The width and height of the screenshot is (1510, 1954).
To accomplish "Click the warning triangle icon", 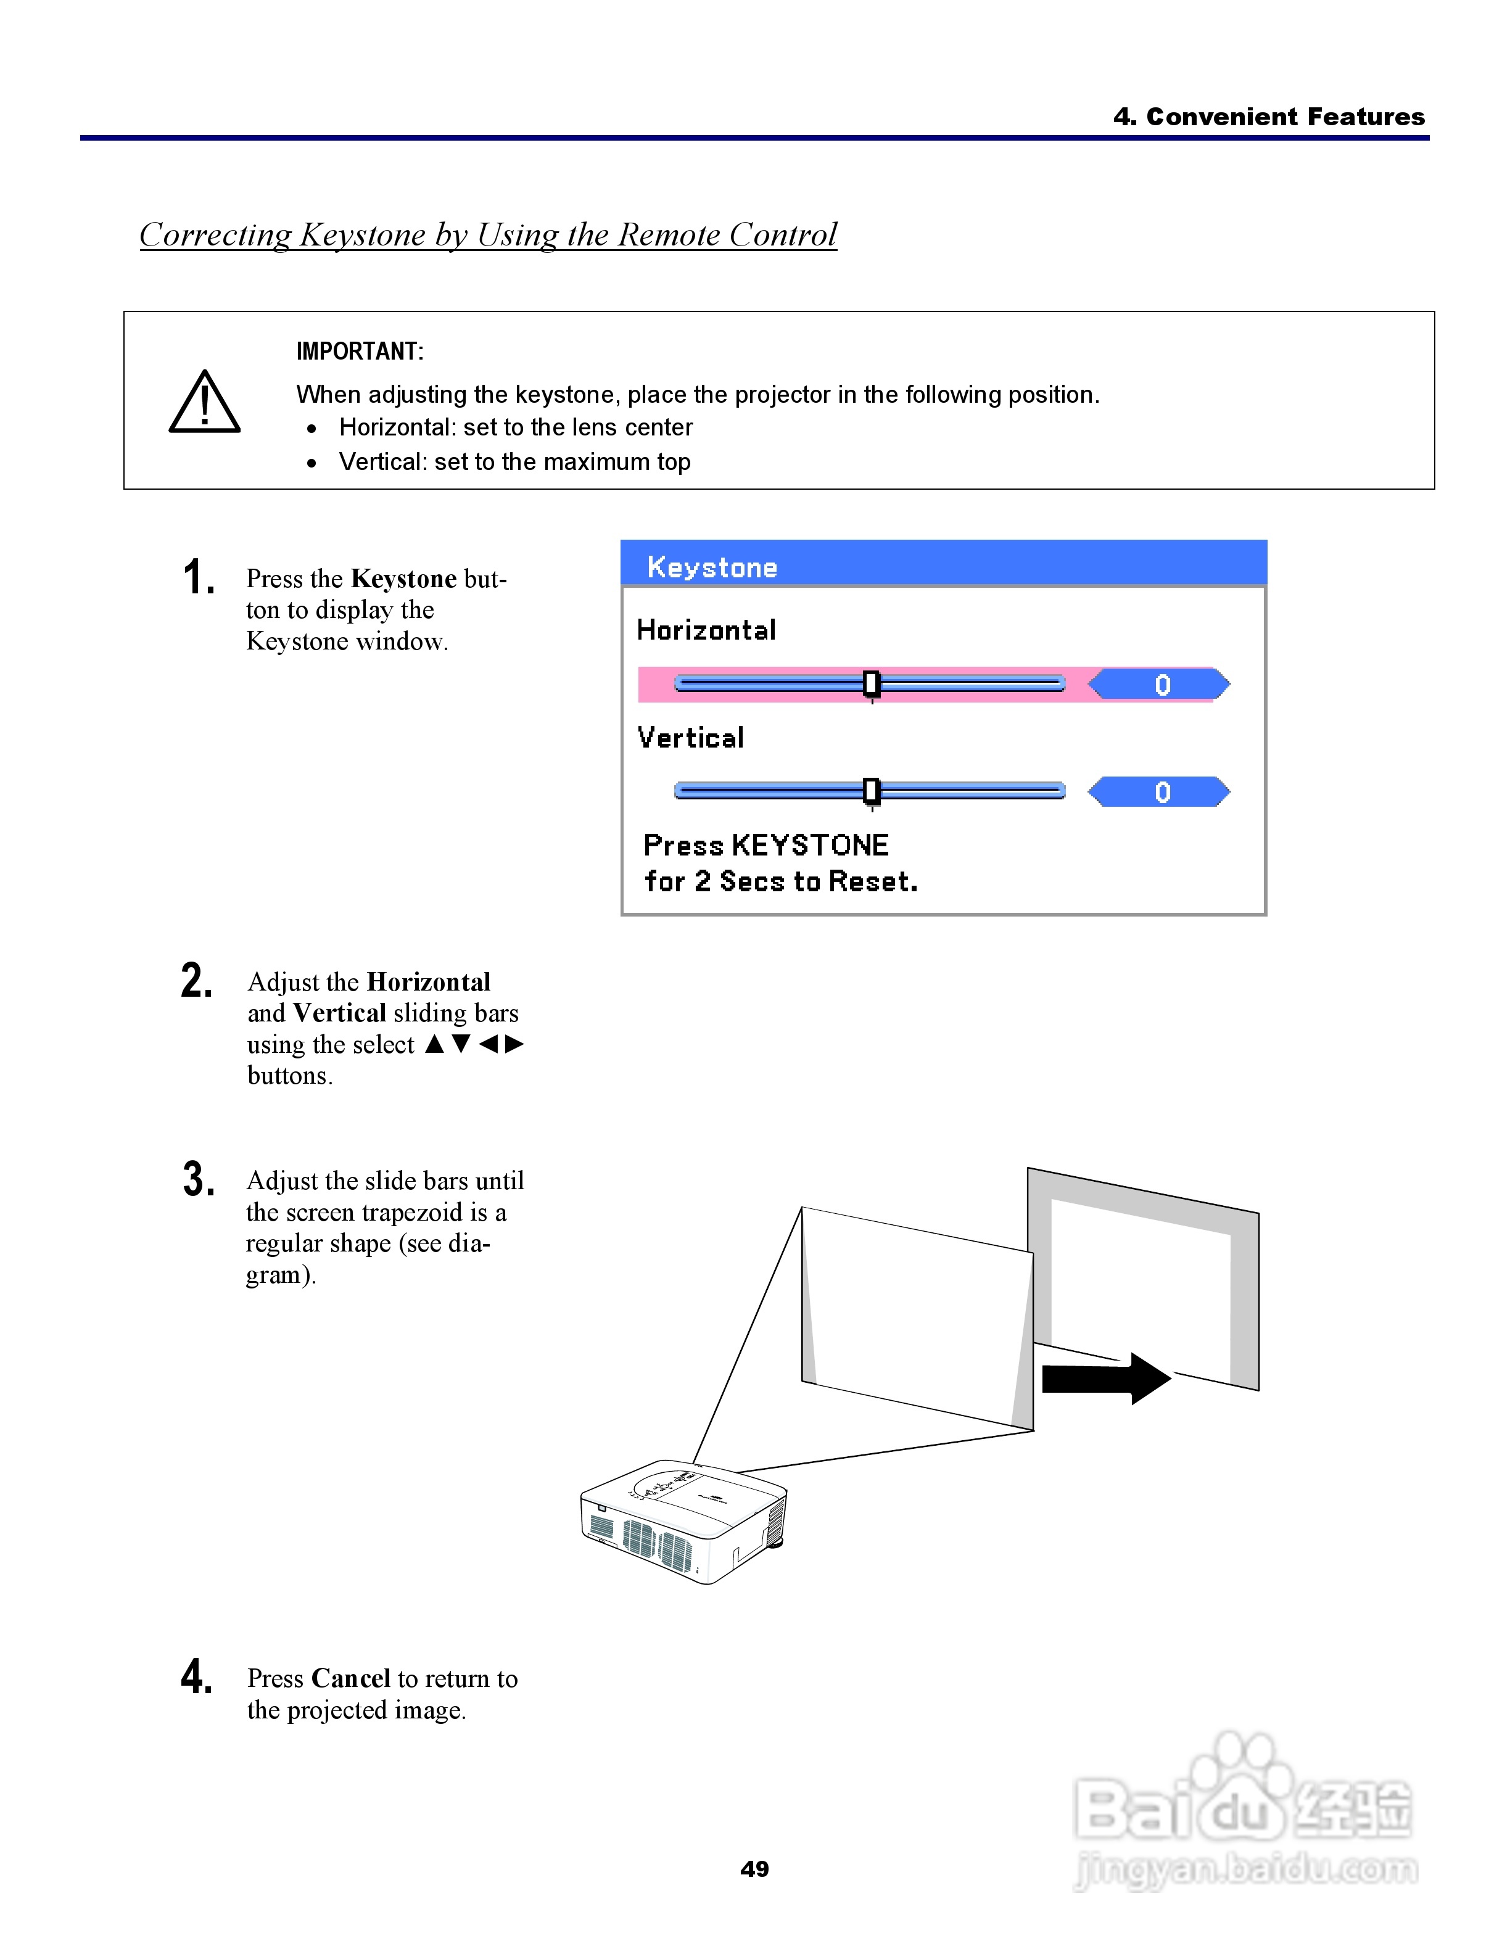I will click(x=204, y=403).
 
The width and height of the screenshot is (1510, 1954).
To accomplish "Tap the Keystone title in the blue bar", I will click(x=712, y=567).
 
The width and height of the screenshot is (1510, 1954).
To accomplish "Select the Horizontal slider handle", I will click(x=872, y=685).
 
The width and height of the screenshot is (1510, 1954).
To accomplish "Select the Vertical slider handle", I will click(x=872, y=791).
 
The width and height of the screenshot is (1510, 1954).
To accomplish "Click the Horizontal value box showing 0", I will click(x=1160, y=685).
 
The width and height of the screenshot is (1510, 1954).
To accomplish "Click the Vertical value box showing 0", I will click(x=1160, y=792).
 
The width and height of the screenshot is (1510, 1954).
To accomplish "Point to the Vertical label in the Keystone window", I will click(x=691, y=738).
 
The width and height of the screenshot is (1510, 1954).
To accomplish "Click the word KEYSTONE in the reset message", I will click(x=809, y=846).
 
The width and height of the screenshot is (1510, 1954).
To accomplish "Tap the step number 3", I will click(x=198, y=1179).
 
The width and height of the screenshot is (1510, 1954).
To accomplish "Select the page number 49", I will click(x=754, y=1869).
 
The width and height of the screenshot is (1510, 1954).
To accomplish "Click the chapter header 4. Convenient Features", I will click(x=1268, y=117).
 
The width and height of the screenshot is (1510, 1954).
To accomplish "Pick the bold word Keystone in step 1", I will click(x=403, y=579).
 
